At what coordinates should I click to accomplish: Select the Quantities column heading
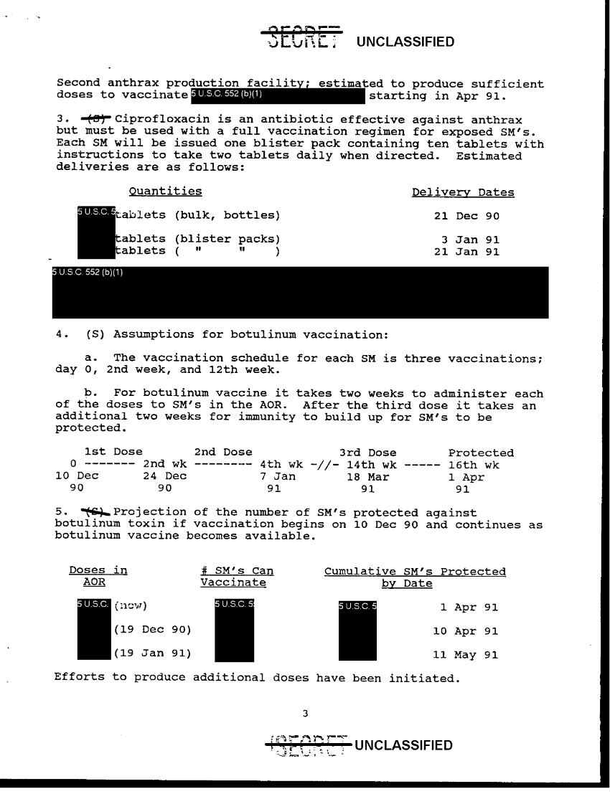165,191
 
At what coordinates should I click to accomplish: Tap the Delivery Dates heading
463,192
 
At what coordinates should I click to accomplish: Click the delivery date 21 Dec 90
467,215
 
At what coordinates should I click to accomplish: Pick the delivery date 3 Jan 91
470,240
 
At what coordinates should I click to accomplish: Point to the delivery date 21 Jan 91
467,251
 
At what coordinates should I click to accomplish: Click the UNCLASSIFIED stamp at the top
405,42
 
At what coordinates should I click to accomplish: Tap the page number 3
305,713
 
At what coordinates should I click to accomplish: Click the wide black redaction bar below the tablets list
300,292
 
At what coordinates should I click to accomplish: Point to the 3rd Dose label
367,453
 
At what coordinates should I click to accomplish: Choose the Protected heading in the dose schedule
481,453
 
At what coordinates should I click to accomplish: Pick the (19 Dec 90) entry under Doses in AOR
151,630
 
